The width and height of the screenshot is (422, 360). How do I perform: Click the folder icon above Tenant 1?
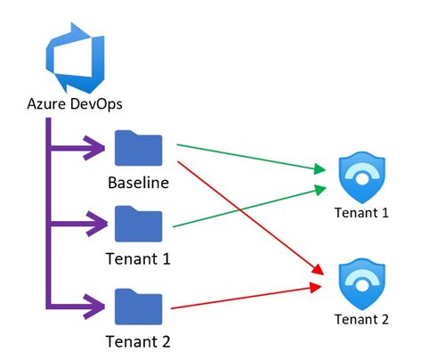pyautogui.click(x=138, y=223)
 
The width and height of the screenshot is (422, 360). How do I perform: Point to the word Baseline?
pyautogui.click(x=139, y=184)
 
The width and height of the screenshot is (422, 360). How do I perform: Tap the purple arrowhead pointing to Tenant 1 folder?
pyautogui.click(x=97, y=222)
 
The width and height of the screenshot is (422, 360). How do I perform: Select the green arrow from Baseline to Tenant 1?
pyautogui.click(x=249, y=155)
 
